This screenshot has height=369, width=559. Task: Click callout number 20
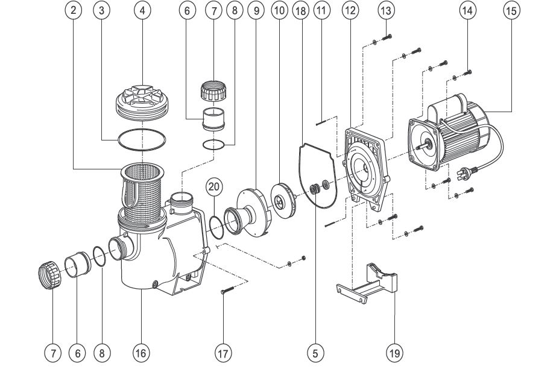coord(214,186)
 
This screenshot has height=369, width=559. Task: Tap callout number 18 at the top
coord(300,11)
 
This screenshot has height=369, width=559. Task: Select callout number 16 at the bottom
coord(141,353)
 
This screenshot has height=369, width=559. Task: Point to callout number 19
coord(394,353)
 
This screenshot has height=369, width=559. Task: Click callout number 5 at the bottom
coord(315,353)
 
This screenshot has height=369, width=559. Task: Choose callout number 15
coord(511,11)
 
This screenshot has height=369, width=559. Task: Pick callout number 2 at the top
coord(74,10)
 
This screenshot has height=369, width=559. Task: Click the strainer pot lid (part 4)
coord(142,102)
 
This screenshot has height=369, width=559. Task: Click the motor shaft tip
coord(418,147)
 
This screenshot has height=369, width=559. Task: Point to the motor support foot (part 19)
coord(367,283)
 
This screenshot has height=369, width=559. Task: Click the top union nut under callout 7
coord(214,91)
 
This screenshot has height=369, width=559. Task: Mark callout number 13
coord(386,11)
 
